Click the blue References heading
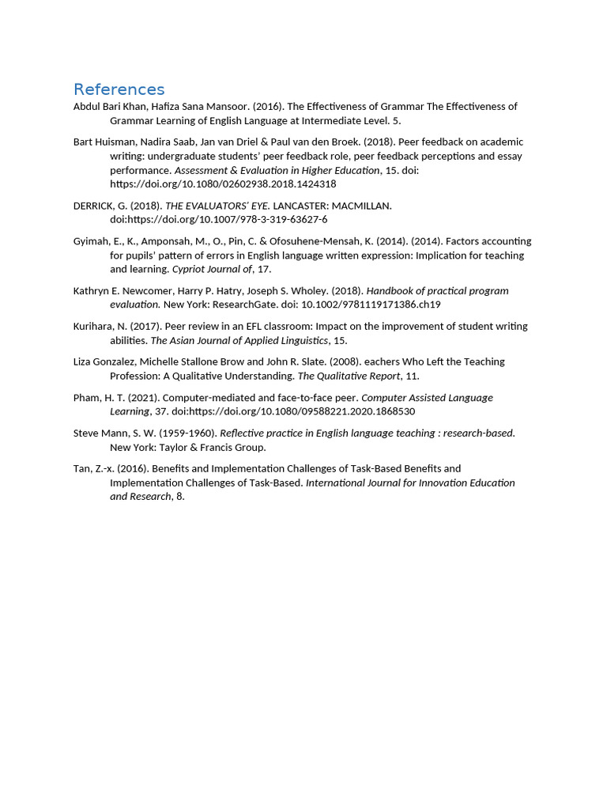pos(119,89)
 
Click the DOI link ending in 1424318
pos(223,184)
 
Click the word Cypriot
pos(190,269)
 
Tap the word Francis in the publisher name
pos(212,447)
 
